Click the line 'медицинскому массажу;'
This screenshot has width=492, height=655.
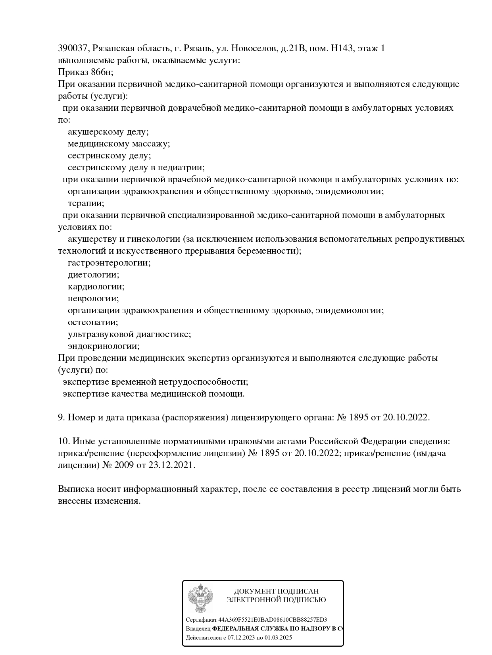click(119, 144)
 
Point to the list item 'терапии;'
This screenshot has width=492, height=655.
click(86, 203)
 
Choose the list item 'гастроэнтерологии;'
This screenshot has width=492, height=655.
click(109, 263)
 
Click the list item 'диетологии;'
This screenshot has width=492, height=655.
click(93, 275)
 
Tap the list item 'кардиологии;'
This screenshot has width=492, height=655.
click(96, 287)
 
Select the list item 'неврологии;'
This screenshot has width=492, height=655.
click(93, 299)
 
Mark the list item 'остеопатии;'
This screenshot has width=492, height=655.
click(93, 322)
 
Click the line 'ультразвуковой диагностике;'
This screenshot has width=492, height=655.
click(129, 334)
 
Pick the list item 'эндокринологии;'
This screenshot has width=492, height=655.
click(104, 346)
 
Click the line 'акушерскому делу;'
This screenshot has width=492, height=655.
click(108, 132)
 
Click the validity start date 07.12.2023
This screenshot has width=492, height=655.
click(241, 638)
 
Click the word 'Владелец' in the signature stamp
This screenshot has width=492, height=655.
click(198, 629)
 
